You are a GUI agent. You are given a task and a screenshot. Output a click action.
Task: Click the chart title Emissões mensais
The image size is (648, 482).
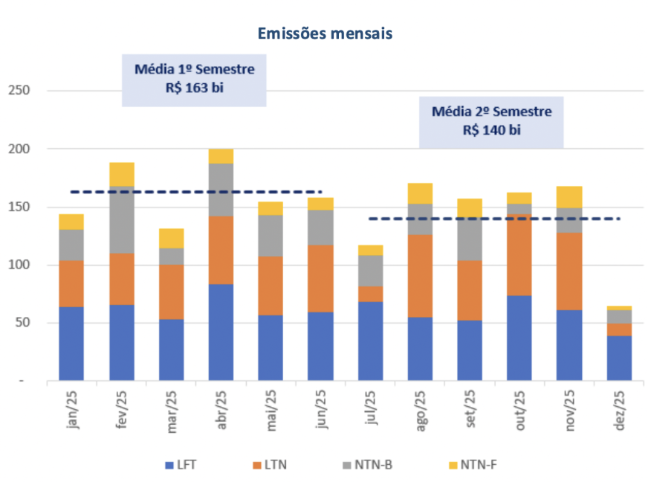tap(325, 33)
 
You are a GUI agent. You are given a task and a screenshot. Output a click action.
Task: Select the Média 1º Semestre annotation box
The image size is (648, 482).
tap(194, 78)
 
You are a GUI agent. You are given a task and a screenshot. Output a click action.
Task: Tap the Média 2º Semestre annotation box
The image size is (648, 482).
tap(491, 120)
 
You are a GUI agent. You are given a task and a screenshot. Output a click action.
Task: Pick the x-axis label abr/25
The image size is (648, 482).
tap(221, 409)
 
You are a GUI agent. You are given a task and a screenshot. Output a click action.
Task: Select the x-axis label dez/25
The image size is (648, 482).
tap(619, 409)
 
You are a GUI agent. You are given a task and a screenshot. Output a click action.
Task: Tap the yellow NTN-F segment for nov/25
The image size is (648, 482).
tap(569, 197)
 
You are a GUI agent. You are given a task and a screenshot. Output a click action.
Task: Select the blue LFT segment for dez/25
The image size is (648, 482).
tap(619, 358)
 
